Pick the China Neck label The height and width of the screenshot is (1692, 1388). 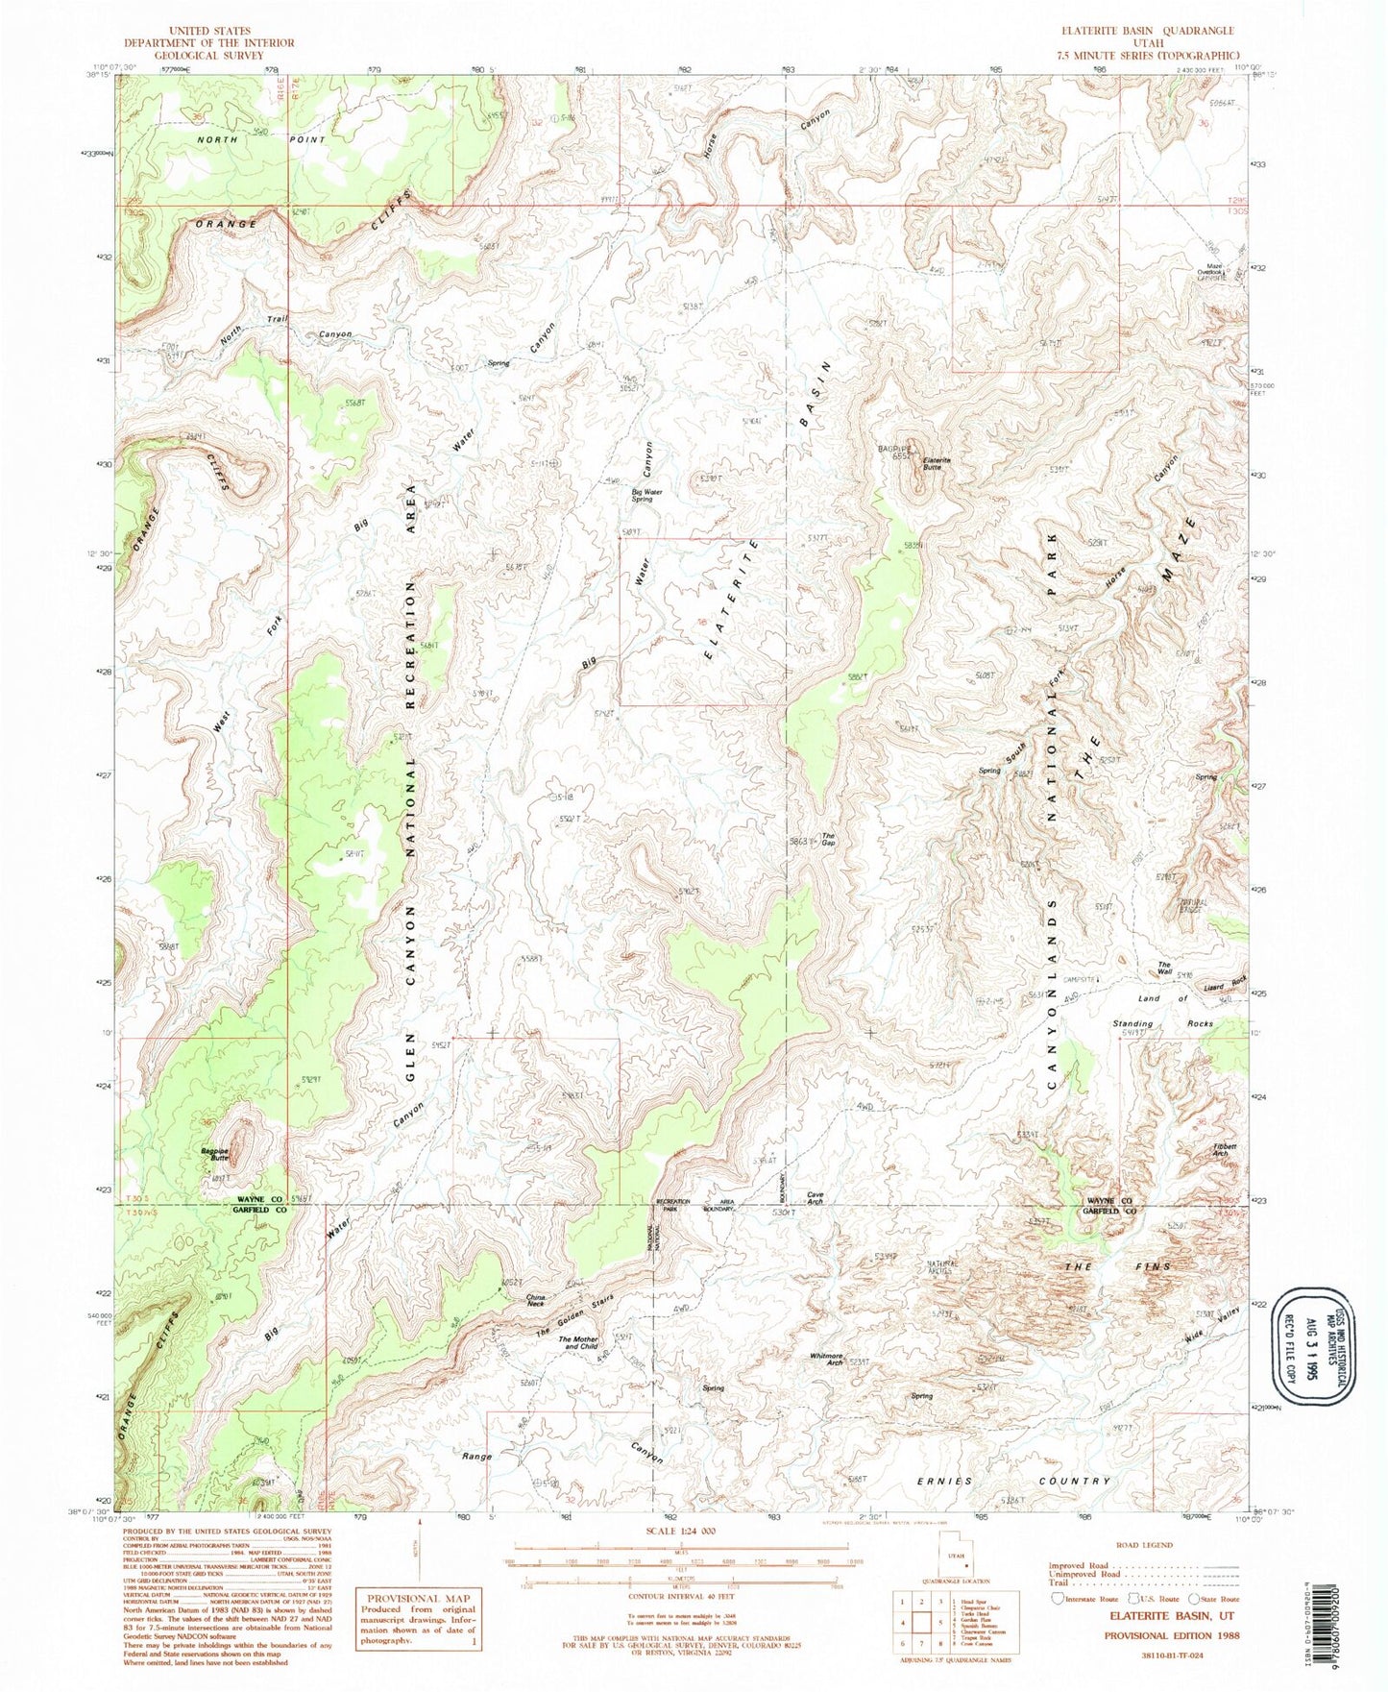536,1302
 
